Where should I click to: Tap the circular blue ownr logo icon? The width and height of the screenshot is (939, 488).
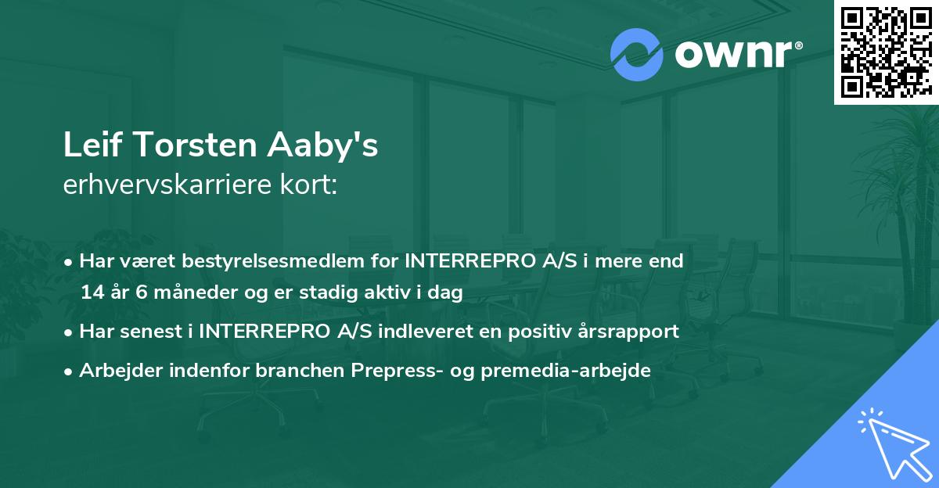coord(638,54)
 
